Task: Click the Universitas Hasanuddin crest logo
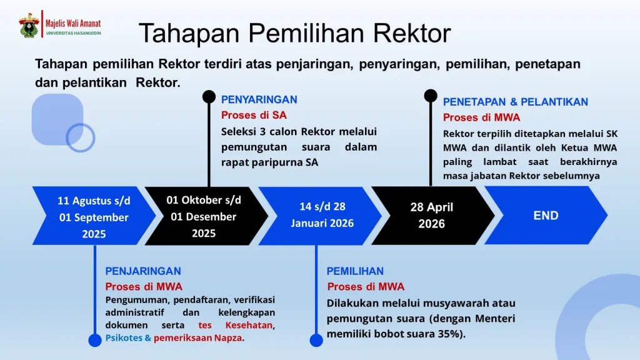[x=29, y=25]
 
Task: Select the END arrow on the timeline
[x=546, y=216]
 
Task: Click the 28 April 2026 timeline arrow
[x=432, y=216]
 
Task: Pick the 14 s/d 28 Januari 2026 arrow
[x=320, y=216]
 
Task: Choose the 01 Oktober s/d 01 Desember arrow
[x=206, y=216]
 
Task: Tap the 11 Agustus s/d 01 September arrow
[x=94, y=216]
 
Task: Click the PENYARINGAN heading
[x=259, y=99]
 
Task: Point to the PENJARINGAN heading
[x=143, y=271]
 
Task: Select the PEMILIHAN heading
[x=355, y=271]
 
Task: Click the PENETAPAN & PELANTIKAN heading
[x=516, y=102]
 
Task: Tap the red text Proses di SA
[x=254, y=116]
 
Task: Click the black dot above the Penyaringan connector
[x=209, y=97]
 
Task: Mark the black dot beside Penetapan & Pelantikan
[x=431, y=96]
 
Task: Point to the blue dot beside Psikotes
[x=95, y=340]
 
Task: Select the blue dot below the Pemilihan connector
[x=316, y=340]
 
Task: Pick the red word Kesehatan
[x=249, y=325]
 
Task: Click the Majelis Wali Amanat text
[x=73, y=24]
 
